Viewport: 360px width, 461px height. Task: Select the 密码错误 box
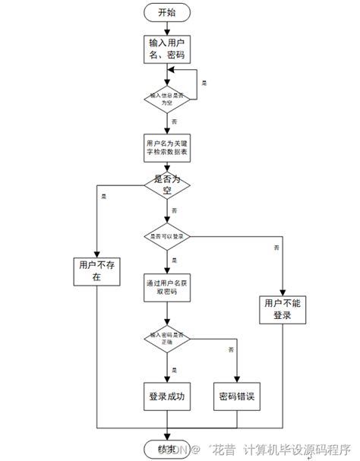tap(237, 396)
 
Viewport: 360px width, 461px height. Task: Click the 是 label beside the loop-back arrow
tap(204, 81)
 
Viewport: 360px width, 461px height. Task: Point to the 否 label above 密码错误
tap(229, 350)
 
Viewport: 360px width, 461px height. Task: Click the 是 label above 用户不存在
tap(103, 197)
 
